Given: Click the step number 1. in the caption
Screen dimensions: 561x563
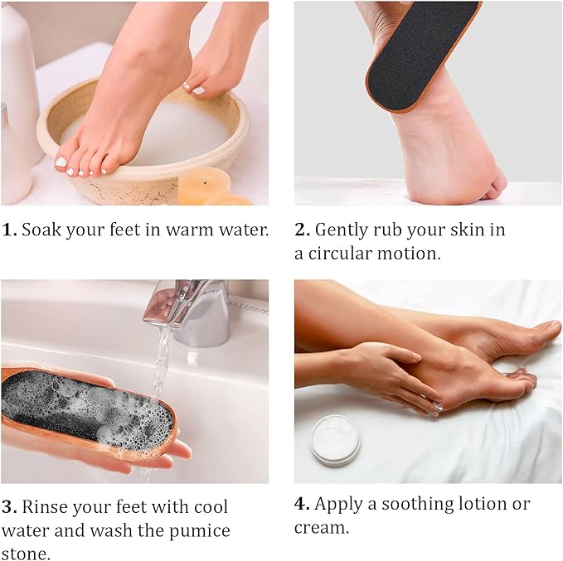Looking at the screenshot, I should (x=9, y=230).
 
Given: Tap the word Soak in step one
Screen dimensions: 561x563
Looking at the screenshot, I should (x=40, y=230).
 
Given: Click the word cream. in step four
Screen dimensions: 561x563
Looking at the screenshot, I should (x=322, y=528).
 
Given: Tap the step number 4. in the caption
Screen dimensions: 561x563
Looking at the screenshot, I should (x=303, y=504).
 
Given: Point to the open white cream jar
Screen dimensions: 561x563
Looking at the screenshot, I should (x=335, y=438).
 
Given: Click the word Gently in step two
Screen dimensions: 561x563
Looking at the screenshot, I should (x=345, y=230).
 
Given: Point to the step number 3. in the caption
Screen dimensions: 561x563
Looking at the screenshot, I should (x=9, y=506).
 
